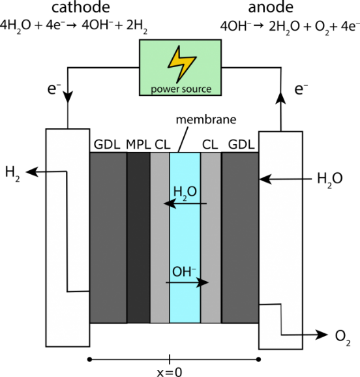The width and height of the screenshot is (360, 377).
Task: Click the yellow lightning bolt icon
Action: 181,64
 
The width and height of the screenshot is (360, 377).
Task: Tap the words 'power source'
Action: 181,89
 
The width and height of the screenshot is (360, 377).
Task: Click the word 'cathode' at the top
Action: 81,7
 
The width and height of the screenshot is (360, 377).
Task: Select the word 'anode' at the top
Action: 271,7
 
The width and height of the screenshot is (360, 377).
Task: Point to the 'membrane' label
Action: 206,120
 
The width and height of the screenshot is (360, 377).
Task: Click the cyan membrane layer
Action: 185,237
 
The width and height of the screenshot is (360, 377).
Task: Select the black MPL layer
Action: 138,237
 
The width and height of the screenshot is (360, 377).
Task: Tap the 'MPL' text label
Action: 138,145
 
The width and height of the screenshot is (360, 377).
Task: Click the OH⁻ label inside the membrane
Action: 184,272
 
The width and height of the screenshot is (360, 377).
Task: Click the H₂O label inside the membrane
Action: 185,192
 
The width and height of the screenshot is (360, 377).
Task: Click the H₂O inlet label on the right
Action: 330,179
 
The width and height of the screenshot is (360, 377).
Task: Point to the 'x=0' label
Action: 170,372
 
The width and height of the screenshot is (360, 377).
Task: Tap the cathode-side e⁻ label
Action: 54,89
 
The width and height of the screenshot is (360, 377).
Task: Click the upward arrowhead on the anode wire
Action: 280,98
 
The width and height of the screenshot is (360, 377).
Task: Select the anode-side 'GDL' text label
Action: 241,145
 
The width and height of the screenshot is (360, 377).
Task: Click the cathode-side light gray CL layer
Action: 160,237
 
